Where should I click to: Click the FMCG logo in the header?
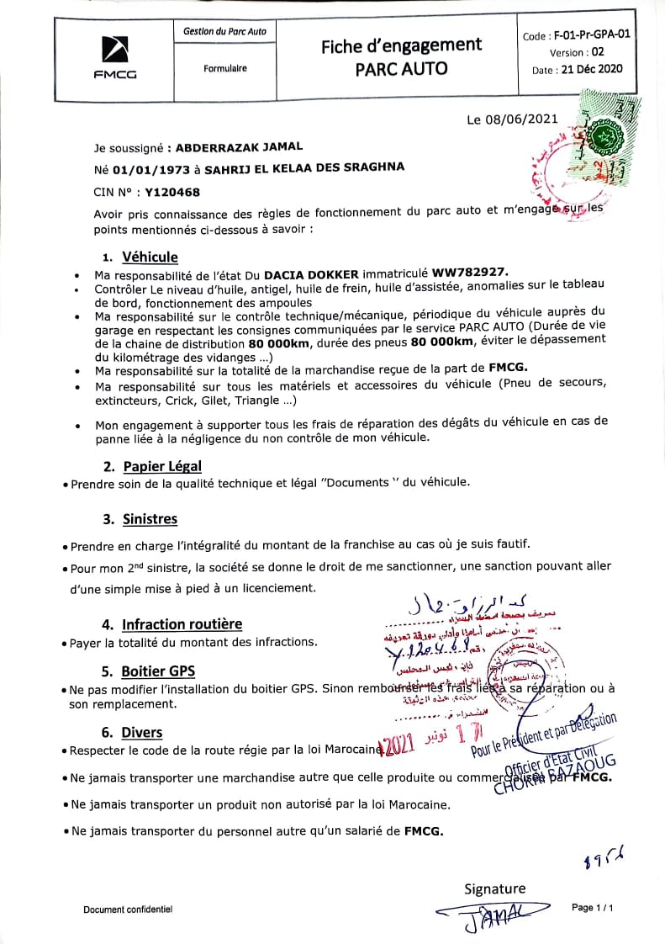click(114, 57)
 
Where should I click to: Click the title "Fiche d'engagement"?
click(401, 46)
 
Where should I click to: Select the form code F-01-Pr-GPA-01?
click(591, 36)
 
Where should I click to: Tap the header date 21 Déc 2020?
click(590, 69)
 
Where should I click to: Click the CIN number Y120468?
click(172, 192)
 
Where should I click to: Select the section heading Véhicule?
click(150, 257)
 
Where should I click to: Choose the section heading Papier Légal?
click(162, 465)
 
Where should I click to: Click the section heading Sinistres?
click(150, 519)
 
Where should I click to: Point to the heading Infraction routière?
click(182, 623)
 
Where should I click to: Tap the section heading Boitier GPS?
click(158, 671)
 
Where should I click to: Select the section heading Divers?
click(142, 732)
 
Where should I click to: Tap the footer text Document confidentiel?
click(128, 910)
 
